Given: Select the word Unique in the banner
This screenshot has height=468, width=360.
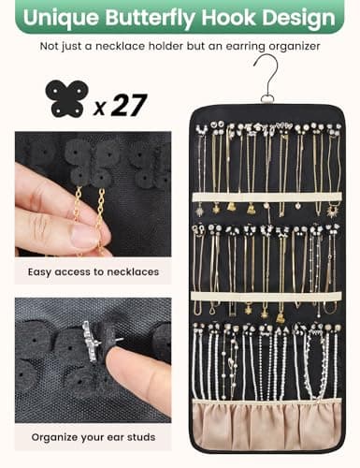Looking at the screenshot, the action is [x=61, y=19].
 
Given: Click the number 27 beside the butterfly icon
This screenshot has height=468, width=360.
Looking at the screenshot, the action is [x=128, y=105].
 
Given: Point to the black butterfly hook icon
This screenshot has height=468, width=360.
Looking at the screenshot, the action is [x=66, y=99].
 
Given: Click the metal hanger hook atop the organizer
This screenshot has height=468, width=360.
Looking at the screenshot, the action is [x=267, y=78].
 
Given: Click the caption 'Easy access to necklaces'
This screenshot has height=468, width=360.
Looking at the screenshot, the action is [x=94, y=272].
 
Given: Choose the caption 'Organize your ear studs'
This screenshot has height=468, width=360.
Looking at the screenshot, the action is [x=94, y=437].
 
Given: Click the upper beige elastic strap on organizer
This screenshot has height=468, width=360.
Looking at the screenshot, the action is [x=267, y=197].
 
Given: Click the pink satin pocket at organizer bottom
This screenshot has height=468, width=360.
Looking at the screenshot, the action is [x=266, y=424].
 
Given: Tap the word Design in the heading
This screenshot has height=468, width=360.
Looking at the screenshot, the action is [x=298, y=19].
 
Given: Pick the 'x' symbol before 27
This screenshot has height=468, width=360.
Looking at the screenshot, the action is [x=100, y=108].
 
